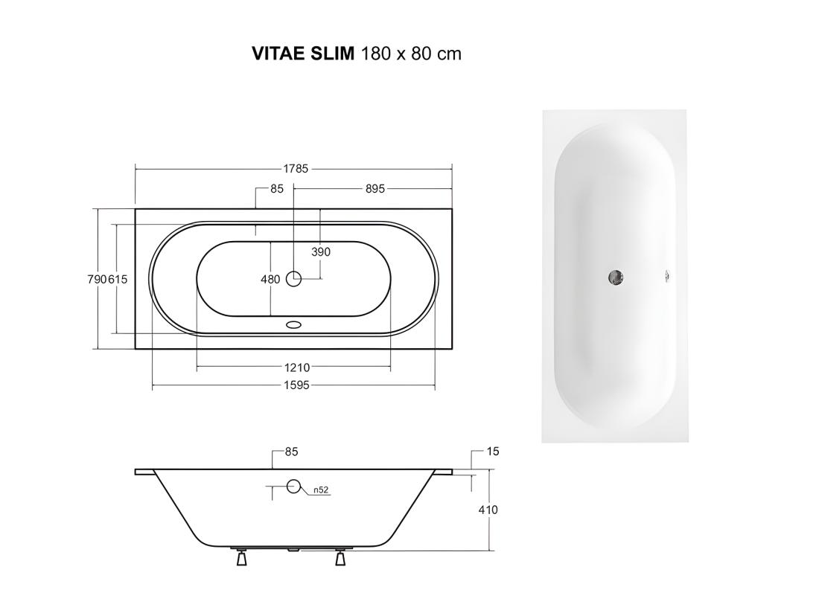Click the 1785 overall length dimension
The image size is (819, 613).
(x=296, y=169)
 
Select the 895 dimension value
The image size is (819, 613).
(x=375, y=189)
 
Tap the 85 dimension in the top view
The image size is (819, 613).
(x=277, y=189)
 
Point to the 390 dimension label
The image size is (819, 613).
(x=320, y=251)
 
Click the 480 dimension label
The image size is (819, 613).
(x=271, y=280)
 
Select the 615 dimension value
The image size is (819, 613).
(x=119, y=279)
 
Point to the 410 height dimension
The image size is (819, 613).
(x=488, y=510)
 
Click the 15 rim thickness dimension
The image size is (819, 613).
(x=492, y=452)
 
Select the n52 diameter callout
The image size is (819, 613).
(x=321, y=490)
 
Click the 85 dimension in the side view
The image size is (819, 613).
(x=291, y=452)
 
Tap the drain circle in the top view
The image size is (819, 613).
(x=294, y=279)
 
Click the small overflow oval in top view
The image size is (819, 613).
(x=295, y=325)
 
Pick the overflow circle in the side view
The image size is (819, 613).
(x=294, y=488)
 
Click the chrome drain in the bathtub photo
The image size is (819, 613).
(x=615, y=277)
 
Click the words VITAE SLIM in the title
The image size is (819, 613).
(x=303, y=54)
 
